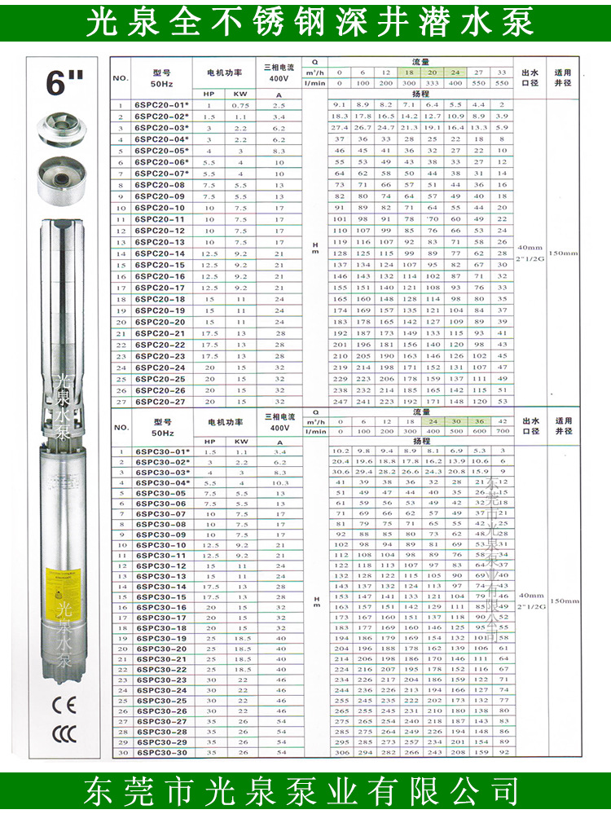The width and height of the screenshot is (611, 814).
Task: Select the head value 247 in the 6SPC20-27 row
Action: click(340, 402)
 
